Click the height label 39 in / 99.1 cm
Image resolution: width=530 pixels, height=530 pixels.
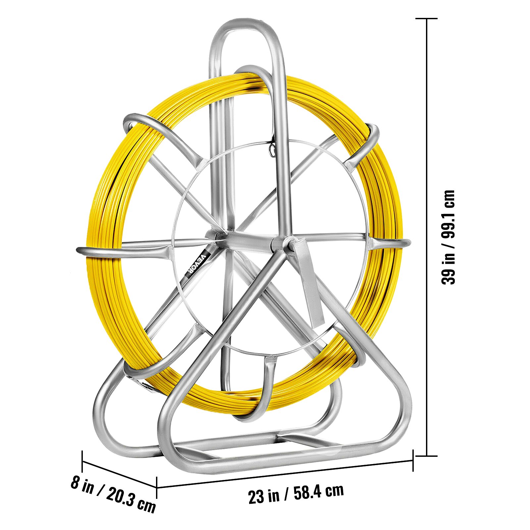[449, 237]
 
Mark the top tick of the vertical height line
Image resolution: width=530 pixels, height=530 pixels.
[426, 19]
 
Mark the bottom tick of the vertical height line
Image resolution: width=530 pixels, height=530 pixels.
[426, 456]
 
